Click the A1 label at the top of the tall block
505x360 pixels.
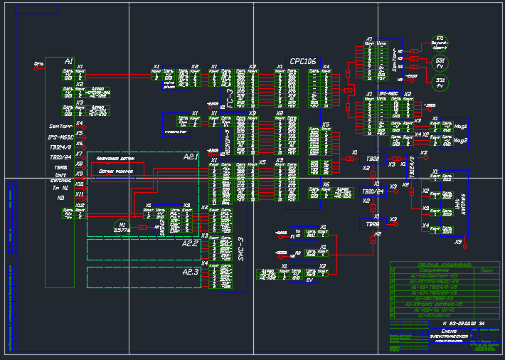click(x=69, y=61)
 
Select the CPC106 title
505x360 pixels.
click(x=303, y=62)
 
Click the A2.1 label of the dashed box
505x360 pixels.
click(x=191, y=157)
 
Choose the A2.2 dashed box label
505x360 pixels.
click(x=190, y=243)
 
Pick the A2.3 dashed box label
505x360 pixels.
click(x=190, y=272)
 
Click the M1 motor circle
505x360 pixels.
click(x=122, y=226)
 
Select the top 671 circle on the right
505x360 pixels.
click(x=440, y=42)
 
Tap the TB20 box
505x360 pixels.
click(x=373, y=158)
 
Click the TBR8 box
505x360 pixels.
click(x=373, y=224)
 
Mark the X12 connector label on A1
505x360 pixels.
click(x=80, y=205)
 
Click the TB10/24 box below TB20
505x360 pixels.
click(x=373, y=191)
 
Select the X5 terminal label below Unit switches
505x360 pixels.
click(x=458, y=242)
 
